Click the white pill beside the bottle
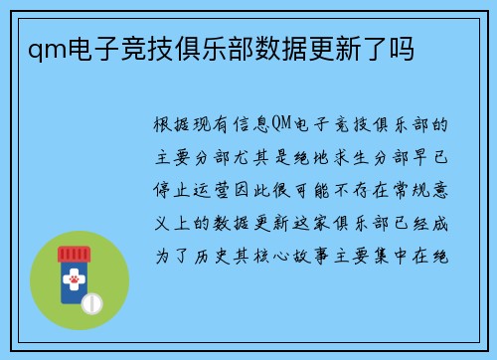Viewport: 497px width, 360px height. coord(92,301)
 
